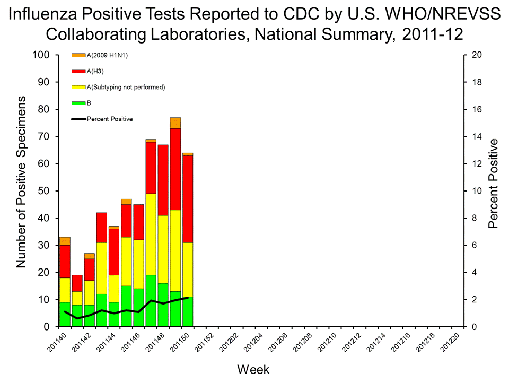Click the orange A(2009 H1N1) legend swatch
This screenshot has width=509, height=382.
coord(78,55)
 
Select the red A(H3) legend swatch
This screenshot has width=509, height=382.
coord(78,71)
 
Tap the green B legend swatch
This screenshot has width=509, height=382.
coord(78,103)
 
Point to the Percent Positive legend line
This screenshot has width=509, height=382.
coord(78,119)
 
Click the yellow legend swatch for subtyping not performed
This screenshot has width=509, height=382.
coord(78,87)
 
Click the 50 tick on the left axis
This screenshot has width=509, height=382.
coord(43,191)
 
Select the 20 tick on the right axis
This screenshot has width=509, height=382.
coord(476,55)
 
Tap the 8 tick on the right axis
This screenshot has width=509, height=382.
coord(473,218)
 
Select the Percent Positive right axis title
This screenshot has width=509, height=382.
coord(493,184)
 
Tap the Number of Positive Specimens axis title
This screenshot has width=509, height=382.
coord(22,182)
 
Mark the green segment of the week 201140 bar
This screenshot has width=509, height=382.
coord(65,314)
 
